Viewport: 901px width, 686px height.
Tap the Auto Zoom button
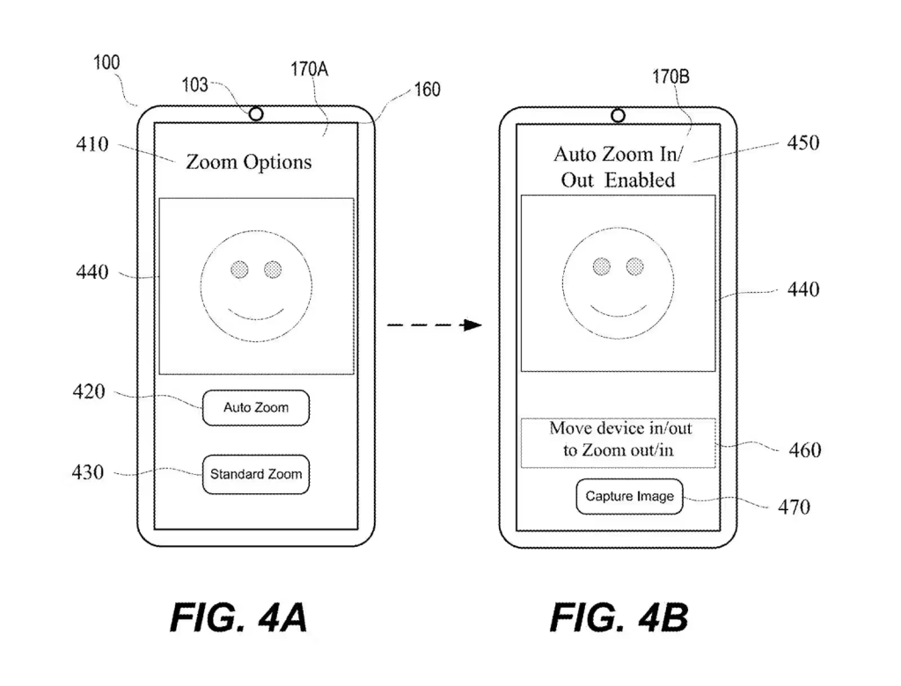point(256,408)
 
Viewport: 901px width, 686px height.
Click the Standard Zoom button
point(256,474)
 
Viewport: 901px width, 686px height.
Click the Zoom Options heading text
point(248,162)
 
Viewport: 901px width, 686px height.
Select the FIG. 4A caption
point(238,618)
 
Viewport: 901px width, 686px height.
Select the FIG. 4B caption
point(619,618)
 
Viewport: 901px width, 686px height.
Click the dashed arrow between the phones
point(434,325)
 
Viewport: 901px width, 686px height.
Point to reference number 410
point(92,144)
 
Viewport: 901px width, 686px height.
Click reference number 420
point(88,392)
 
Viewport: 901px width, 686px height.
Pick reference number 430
point(88,473)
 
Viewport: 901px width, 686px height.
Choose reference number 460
point(802,450)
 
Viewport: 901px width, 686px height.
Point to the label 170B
point(670,77)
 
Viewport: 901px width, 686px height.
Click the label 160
point(426,90)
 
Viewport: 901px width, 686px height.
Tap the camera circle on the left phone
point(256,114)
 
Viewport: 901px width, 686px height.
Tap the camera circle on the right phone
point(618,115)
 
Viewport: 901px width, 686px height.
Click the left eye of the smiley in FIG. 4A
point(239,269)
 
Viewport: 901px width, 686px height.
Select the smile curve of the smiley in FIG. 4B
point(618,310)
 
